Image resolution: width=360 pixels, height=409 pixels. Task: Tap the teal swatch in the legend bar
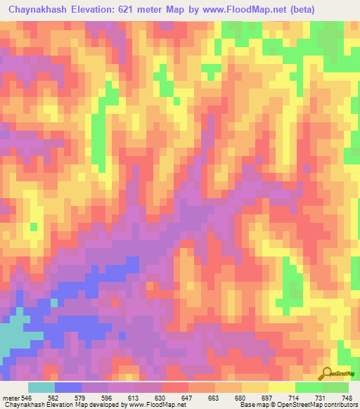click(41, 387)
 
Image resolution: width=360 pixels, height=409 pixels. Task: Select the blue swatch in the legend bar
click(68, 387)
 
